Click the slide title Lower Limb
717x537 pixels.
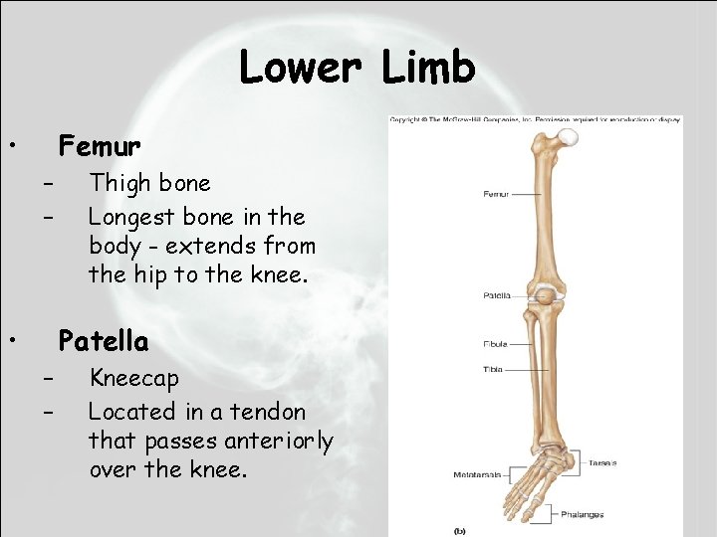tap(358, 69)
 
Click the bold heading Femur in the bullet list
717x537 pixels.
tap(100, 147)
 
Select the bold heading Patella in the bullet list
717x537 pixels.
tap(104, 342)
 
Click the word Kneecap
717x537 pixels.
tap(134, 379)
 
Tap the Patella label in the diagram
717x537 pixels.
tap(497, 295)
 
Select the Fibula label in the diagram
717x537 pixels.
tap(495, 344)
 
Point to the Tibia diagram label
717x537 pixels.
tap(494, 369)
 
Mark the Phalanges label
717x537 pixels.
tap(582, 514)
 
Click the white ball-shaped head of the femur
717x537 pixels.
tap(568, 138)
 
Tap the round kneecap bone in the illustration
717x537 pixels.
tap(545, 294)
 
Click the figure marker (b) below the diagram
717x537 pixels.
tap(459, 529)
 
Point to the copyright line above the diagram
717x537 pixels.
tap(535, 120)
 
